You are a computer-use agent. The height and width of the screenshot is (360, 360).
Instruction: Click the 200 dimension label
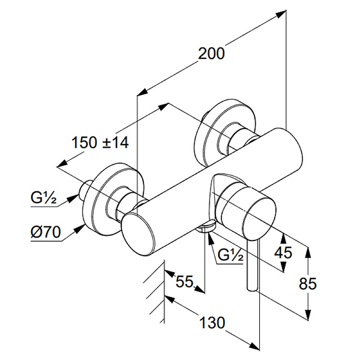(211, 54)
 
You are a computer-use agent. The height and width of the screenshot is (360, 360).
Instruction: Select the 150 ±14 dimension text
(100, 143)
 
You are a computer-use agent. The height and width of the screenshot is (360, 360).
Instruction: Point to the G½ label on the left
(43, 198)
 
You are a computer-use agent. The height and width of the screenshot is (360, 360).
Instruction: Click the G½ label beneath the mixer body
(230, 256)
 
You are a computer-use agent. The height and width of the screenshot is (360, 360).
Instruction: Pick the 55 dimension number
(184, 282)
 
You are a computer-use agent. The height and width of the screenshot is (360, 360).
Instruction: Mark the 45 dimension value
(283, 252)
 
